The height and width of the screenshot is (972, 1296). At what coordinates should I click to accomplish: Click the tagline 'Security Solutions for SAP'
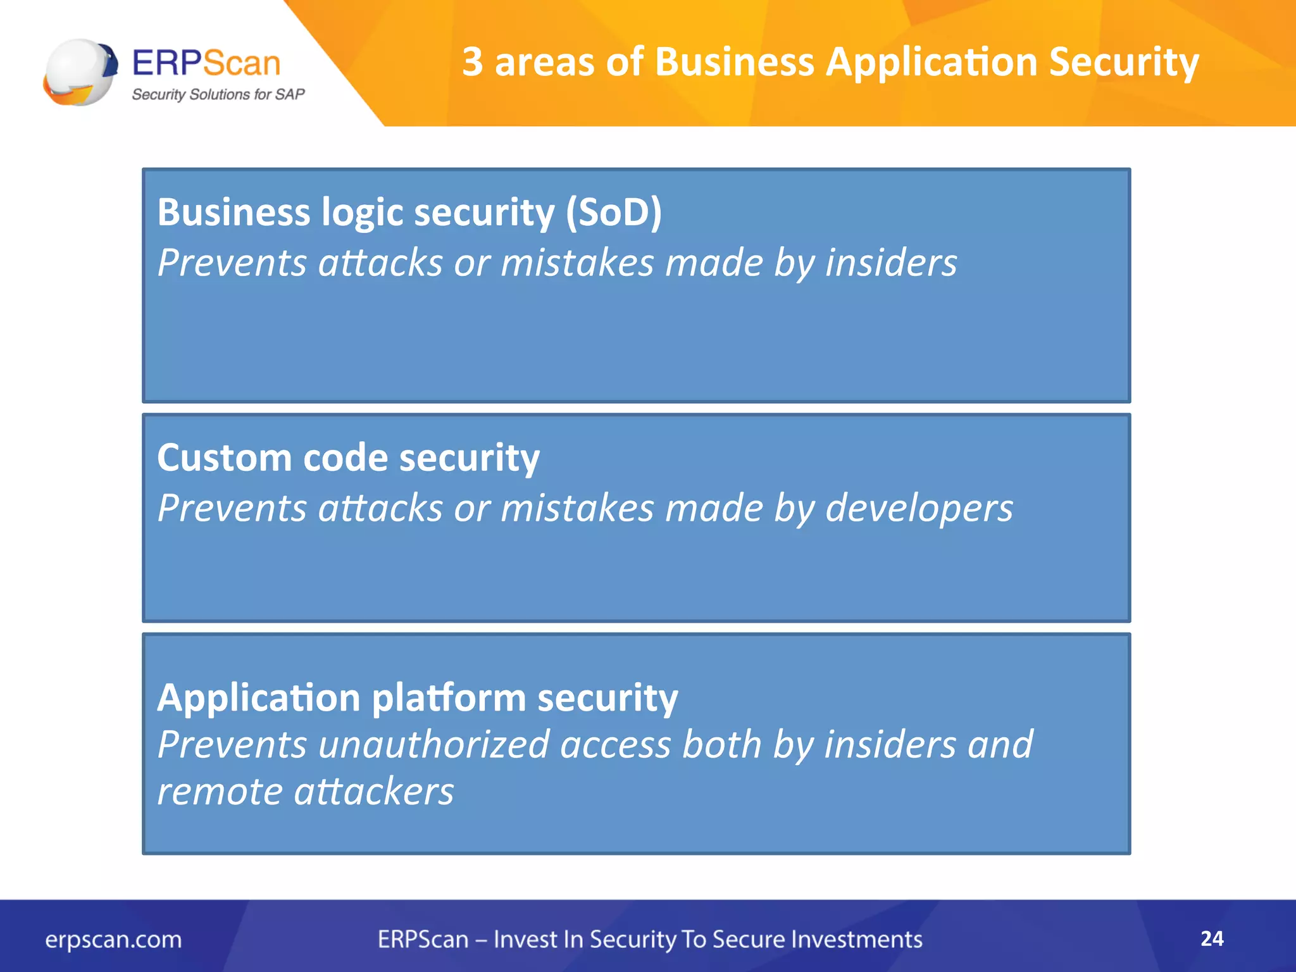pyautogui.click(x=218, y=94)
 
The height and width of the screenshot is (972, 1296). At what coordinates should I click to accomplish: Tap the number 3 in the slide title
pyautogui.click(x=472, y=62)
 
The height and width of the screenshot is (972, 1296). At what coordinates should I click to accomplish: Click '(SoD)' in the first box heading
pyautogui.click(x=613, y=212)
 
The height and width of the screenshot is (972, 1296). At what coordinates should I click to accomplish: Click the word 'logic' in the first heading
pyautogui.click(x=362, y=212)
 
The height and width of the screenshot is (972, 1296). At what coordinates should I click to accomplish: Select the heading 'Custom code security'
pyautogui.click(x=348, y=458)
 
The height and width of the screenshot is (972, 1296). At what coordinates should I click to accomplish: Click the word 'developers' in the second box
pyautogui.click(x=919, y=508)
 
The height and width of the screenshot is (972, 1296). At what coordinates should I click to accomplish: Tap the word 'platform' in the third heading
pyautogui.click(x=449, y=698)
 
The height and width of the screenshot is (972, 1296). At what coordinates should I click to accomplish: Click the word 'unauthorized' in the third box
pyautogui.click(x=433, y=744)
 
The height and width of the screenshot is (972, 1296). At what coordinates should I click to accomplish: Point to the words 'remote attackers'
pyautogui.click(x=305, y=791)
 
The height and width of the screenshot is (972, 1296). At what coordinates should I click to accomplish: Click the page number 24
pyautogui.click(x=1211, y=938)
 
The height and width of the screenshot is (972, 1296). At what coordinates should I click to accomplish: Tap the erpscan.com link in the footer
pyautogui.click(x=113, y=939)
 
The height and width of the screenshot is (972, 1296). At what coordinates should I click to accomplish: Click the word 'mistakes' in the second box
pyautogui.click(x=576, y=508)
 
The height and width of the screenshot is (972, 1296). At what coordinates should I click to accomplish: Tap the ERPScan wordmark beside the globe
pyautogui.click(x=206, y=63)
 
